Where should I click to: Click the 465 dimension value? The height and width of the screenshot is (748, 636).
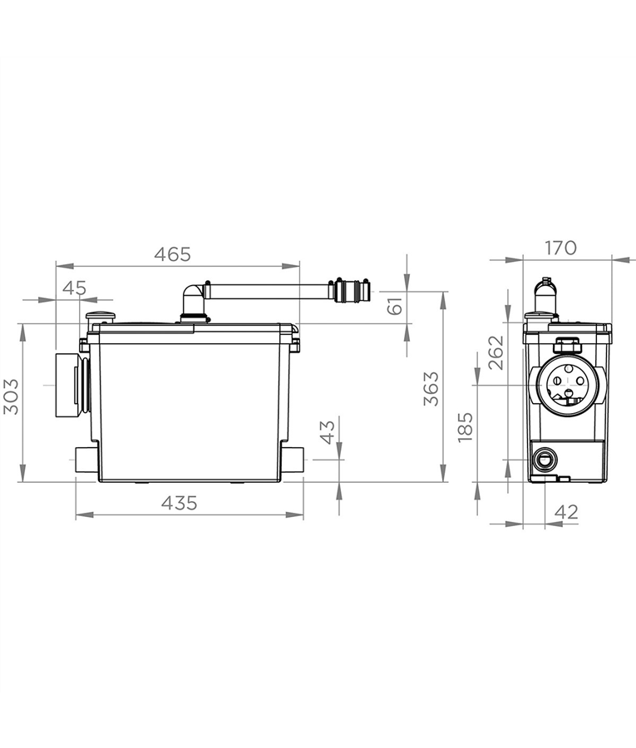[x=173, y=255]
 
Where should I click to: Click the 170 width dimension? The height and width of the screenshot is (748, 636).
[x=560, y=248]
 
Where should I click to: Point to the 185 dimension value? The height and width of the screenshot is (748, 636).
[x=466, y=427]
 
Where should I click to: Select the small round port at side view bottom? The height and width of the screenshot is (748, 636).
[x=546, y=457]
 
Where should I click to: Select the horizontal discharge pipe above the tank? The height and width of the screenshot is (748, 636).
[x=266, y=292]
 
